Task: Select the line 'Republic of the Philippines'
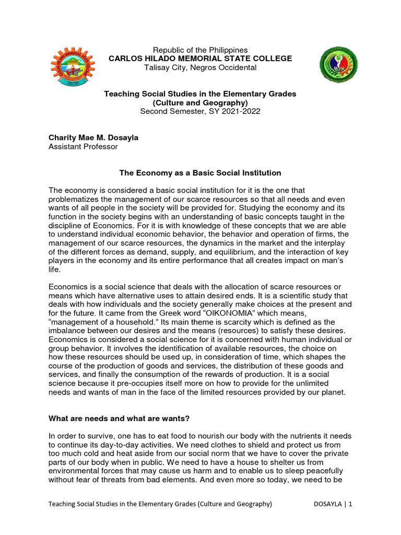point(200,50)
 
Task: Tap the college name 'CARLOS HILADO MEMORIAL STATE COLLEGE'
point(200,59)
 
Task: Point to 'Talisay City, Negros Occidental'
point(200,67)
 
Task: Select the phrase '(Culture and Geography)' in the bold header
point(200,102)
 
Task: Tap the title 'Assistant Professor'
point(83,147)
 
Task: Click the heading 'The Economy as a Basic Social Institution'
point(200,173)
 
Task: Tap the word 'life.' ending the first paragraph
point(54,270)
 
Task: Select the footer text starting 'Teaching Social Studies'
point(160,504)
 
